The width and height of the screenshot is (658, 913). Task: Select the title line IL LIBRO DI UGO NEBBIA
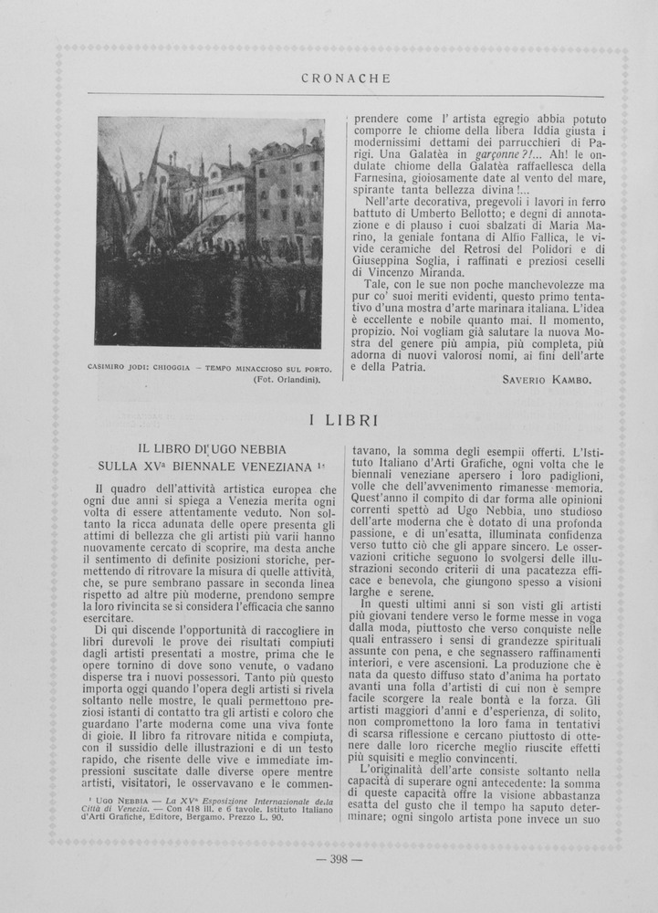click(212, 449)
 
